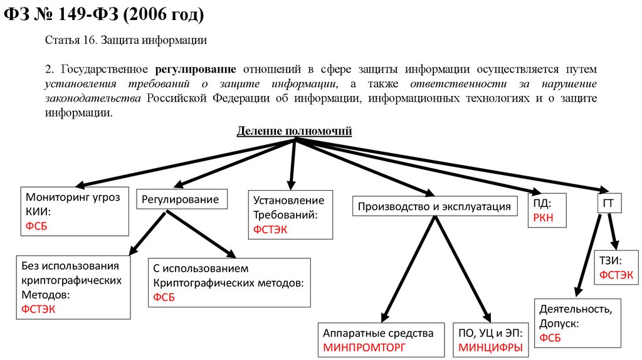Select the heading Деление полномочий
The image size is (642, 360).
[x=294, y=131]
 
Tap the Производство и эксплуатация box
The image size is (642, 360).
[x=434, y=206]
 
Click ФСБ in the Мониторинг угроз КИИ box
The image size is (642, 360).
[x=36, y=226]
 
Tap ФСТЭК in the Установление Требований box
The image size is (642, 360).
[x=270, y=230]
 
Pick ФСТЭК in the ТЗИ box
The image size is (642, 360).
[x=616, y=275]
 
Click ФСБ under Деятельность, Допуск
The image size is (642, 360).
[x=550, y=338]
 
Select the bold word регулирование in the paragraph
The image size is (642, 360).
[x=196, y=68]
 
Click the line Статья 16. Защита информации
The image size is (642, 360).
[x=126, y=40]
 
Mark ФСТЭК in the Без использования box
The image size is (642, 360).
[x=38, y=308]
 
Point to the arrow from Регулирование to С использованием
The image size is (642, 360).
[x=201, y=235]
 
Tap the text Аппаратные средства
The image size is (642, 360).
[x=377, y=333]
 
